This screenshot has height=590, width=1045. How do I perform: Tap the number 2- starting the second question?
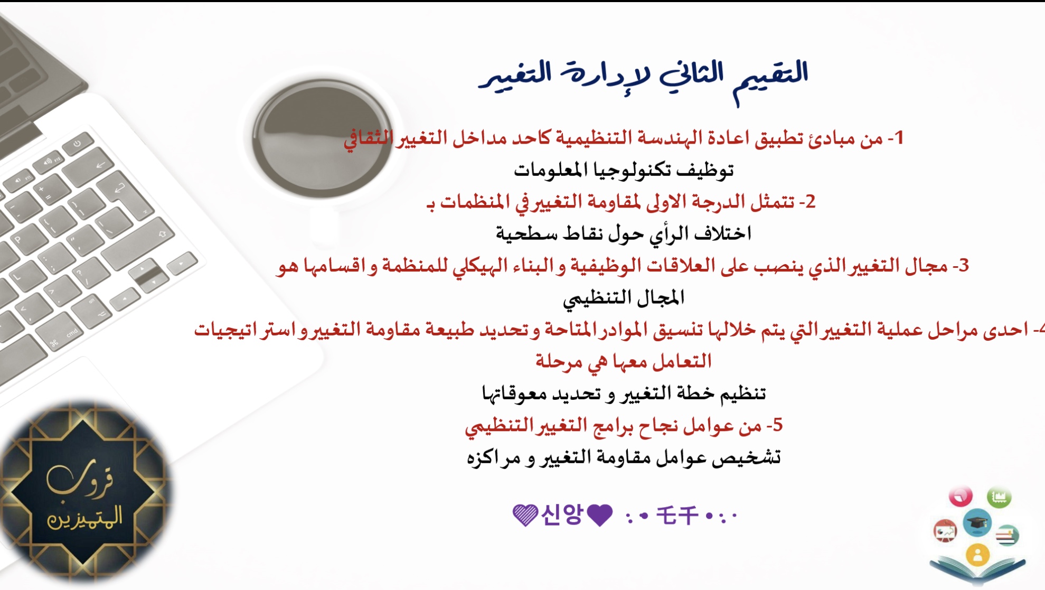[x=807, y=202]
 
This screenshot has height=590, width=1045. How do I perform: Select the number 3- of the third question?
[x=961, y=265]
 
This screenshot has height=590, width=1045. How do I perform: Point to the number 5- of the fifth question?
[x=774, y=425]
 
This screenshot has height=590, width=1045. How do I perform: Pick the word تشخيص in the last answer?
[x=746, y=457]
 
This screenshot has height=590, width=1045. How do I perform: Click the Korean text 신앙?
[x=562, y=514]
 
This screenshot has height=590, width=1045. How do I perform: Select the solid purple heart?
[x=600, y=515]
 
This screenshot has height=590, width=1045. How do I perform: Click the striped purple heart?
[x=525, y=515]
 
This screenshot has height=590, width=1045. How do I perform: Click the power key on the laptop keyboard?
[x=78, y=143]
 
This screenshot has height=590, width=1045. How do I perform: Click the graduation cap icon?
[x=977, y=522]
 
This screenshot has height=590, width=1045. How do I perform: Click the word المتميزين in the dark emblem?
[x=85, y=517]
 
